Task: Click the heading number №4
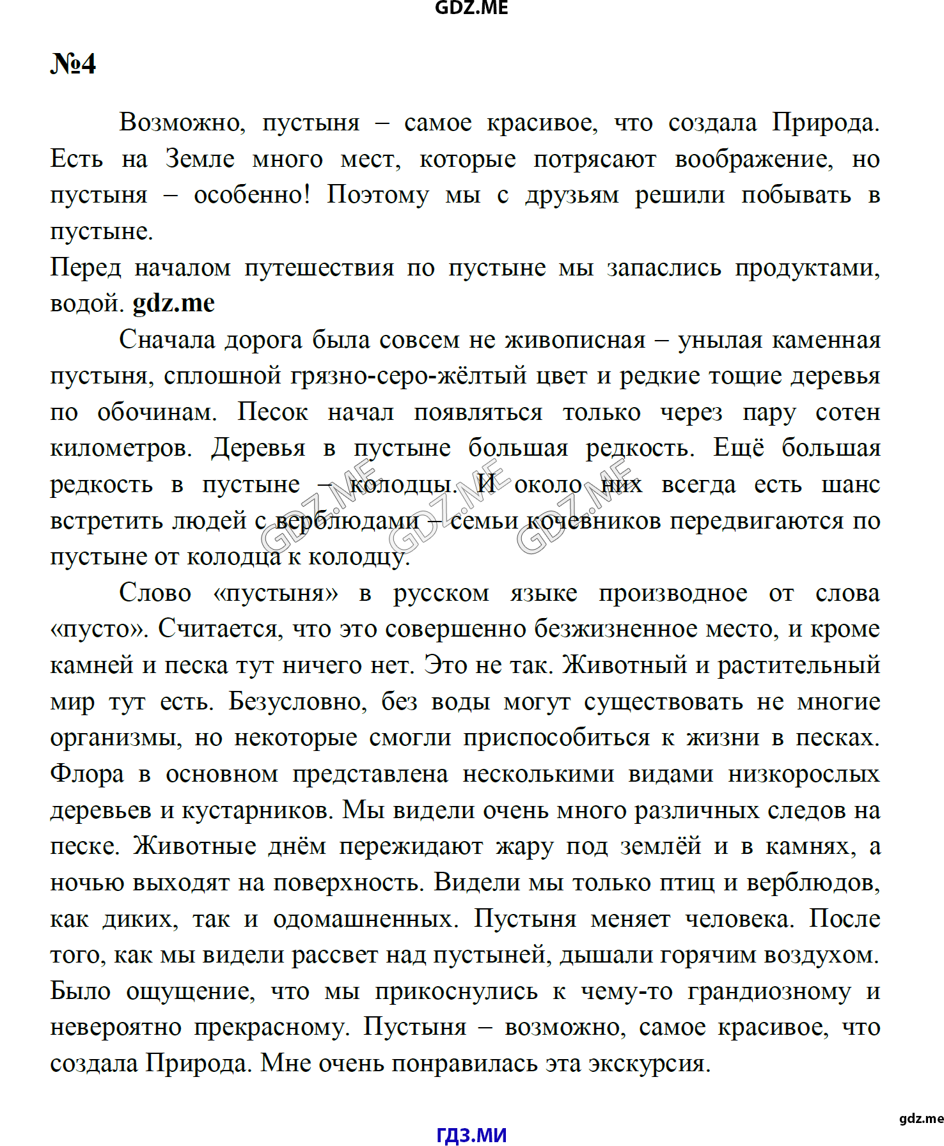pos(73,64)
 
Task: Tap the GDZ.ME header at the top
pos(471,8)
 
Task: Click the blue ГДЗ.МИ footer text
pos(471,1135)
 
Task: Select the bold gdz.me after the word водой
pos(173,303)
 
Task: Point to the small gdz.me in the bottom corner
pos(921,1118)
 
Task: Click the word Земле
pos(200,159)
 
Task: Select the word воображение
pos(754,159)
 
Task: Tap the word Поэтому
pos(377,195)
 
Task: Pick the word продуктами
pos(807,267)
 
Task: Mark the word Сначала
pos(167,339)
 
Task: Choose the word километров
pos(121,448)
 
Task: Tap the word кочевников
pos(593,521)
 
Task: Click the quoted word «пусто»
pos(98,629)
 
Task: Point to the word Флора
pos(87,774)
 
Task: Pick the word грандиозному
pos(769,991)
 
